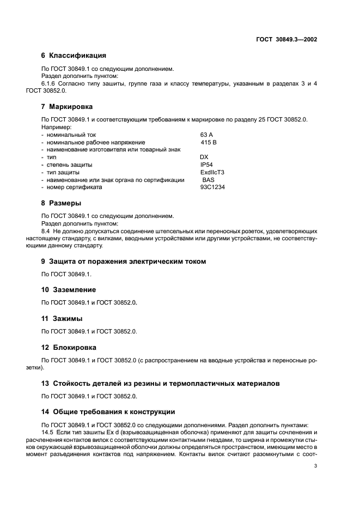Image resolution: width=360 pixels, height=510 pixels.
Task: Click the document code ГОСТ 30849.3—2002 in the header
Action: (286, 39)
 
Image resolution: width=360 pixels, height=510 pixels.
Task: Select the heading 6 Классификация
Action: (74, 56)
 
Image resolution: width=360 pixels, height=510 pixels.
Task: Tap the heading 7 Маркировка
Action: (67, 106)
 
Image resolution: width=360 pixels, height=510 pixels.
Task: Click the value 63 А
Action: (206, 134)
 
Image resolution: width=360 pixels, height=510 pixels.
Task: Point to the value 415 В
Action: (208, 142)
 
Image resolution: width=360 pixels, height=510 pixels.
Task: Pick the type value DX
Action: (204, 157)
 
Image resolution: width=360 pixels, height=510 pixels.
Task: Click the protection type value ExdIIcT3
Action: (212, 172)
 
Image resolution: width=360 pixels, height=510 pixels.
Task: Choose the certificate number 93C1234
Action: (212, 187)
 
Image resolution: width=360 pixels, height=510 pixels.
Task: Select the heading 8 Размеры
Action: (61, 203)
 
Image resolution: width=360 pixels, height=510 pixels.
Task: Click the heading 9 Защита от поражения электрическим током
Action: (124, 262)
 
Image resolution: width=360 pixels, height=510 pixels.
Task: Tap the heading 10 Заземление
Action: (69, 290)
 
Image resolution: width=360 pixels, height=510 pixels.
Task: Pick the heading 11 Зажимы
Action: (62, 318)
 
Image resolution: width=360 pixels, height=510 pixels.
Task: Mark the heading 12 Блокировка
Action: (69, 347)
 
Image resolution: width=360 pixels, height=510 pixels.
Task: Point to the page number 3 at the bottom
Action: (315, 466)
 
